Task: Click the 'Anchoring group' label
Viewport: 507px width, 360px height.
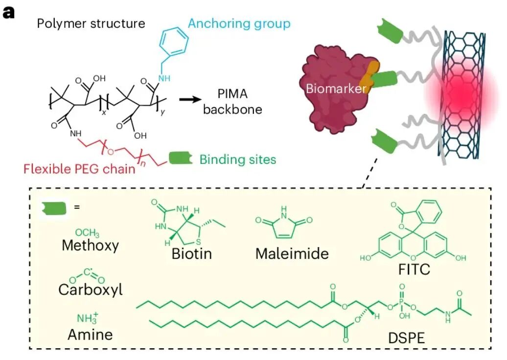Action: coord(239,23)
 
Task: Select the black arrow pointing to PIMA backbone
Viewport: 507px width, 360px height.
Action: coord(190,99)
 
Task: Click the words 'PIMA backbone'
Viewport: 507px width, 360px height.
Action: coord(232,101)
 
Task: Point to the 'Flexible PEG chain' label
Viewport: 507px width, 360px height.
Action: coord(79,169)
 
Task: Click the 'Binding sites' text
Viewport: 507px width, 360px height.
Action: coord(238,159)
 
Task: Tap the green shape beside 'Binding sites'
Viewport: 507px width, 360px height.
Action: coord(181,158)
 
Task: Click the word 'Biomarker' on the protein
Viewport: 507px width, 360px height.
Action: coord(336,88)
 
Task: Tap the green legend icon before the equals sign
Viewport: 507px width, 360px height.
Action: coord(54,208)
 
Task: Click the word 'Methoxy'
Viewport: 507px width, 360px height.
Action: coord(90,245)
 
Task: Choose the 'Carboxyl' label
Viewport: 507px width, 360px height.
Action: coord(91,289)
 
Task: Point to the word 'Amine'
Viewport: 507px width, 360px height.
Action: coord(90,334)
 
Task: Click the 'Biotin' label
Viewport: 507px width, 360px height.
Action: coord(192,253)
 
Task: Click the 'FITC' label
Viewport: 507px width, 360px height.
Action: coord(414,269)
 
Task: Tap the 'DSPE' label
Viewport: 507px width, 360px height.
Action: coord(407,338)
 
